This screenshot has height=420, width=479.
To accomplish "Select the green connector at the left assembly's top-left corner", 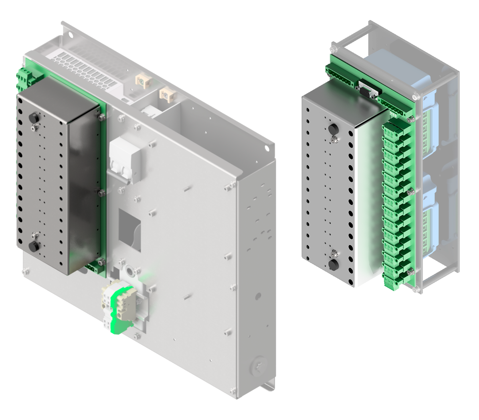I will pyautogui.click(x=22, y=79).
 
